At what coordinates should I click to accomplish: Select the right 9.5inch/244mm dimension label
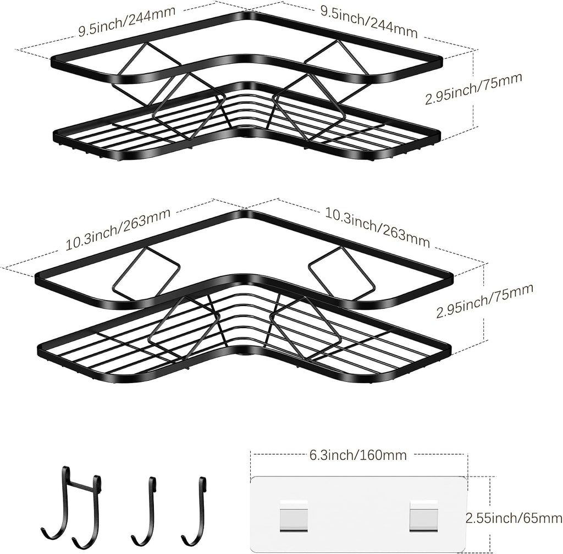click(x=369, y=21)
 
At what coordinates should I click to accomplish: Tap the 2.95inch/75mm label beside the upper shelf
click(x=473, y=88)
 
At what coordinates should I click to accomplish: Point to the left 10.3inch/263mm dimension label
click(x=118, y=229)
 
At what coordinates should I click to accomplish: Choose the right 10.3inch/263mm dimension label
click(x=377, y=228)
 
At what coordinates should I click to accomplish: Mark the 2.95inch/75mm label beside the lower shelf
click(x=484, y=301)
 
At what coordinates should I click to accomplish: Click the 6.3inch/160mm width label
click(x=358, y=455)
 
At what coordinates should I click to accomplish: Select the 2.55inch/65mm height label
click(x=514, y=518)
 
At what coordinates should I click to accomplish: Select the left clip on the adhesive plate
click(x=294, y=516)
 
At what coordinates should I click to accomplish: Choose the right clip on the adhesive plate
click(x=424, y=516)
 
